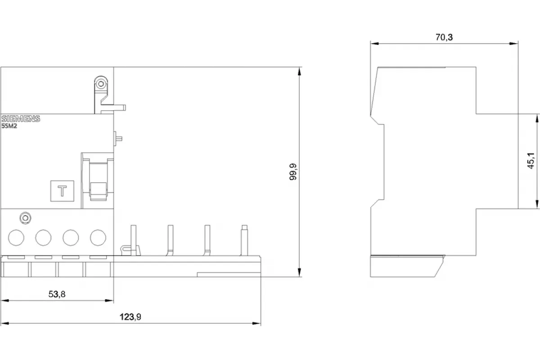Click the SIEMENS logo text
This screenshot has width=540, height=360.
(x=21, y=119)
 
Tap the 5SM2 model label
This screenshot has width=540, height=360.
(x=9, y=126)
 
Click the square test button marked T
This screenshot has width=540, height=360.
(x=62, y=191)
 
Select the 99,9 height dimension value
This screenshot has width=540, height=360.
(x=293, y=172)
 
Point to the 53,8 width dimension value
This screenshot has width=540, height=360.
(x=57, y=294)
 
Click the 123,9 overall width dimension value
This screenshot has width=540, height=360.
(x=130, y=317)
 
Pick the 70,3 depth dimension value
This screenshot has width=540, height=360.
(x=444, y=37)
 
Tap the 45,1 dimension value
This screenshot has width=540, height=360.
(x=531, y=161)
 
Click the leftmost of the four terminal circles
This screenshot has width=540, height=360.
(x=16, y=238)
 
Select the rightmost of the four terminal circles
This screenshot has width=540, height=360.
(x=98, y=238)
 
